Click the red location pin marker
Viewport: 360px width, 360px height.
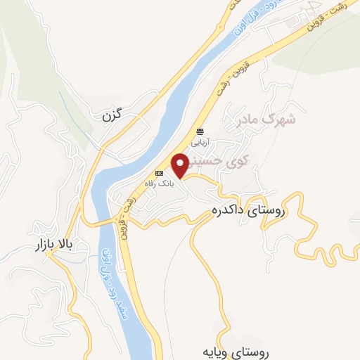click(x=179, y=165)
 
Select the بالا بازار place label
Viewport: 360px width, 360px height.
click(x=55, y=246)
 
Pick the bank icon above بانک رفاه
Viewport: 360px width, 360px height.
click(x=159, y=172)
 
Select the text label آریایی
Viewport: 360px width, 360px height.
click(x=201, y=141)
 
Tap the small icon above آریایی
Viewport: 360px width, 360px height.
click(x=201, y=131)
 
